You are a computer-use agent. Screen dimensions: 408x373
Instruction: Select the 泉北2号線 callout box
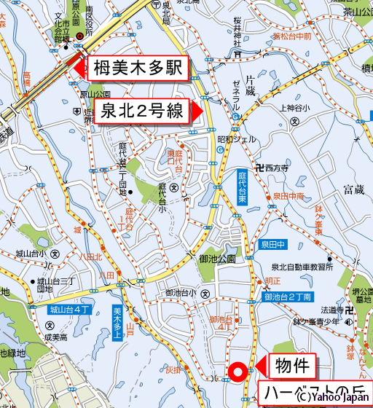(x=142, y=112)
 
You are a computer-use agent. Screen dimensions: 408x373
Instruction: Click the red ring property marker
(x=235, y=372)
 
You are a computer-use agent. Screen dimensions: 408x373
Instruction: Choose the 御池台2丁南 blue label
(x=288, y=297)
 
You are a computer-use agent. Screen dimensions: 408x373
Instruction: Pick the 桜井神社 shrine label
(x=237, y=28)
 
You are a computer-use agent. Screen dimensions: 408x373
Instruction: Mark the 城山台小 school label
(x=31, y=254)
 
